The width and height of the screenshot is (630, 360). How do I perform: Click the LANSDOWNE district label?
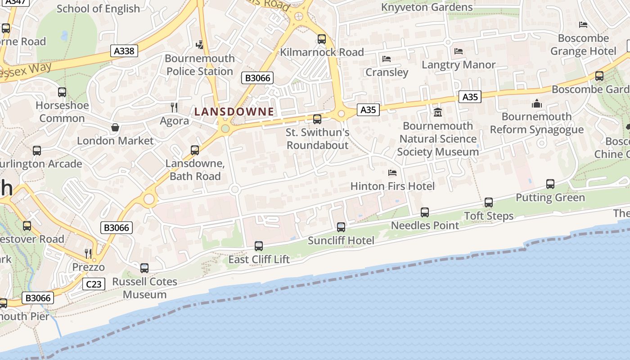tap(234, 112)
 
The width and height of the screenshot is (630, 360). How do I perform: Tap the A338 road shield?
tap(124, 51)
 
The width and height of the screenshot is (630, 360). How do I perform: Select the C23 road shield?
tap(94, 284)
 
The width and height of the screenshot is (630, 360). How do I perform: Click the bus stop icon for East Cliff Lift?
tap(259, 246)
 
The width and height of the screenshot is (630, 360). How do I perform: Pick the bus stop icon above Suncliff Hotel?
tap(341, 227)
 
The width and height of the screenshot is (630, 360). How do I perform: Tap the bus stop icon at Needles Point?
tap(425, 212)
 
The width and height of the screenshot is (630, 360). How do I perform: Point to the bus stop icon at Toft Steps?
tap(489, 202)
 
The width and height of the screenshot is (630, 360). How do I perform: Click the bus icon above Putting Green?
tap(550, 184)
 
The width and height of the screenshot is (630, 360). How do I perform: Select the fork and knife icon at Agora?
tap(174, 107)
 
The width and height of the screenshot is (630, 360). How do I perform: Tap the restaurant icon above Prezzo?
tap(88, 253)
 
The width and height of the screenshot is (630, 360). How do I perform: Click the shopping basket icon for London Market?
tap(115, 127)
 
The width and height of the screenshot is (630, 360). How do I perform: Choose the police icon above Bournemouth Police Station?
tap(200, 45)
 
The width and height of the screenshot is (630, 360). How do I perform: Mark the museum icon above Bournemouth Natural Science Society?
tap(438, 112)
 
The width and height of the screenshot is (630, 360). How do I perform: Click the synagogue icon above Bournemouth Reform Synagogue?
tap(536, 103)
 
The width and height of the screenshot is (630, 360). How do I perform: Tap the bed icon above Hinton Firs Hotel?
tap(392, 173)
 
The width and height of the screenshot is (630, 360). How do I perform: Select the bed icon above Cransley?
tap(387, 59)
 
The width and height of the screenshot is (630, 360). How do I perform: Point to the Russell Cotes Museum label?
tap(144, 288)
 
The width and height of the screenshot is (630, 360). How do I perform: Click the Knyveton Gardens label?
tap(427, 7)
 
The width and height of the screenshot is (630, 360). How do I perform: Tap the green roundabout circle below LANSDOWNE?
tap(225, 129)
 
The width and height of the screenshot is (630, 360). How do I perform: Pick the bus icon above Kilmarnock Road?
tap(322, 39)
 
